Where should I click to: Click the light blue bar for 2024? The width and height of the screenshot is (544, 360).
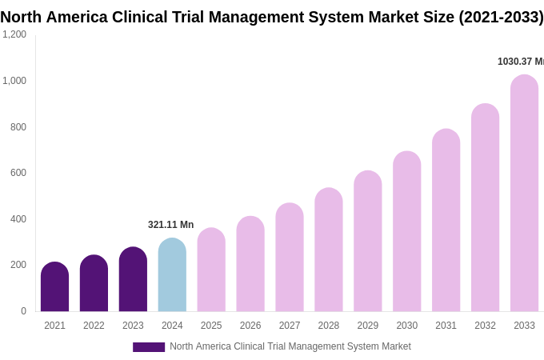pyautogui.click(x=172, y=275)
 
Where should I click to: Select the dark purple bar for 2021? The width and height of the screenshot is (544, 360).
pyautogui.click(x=54, y=287)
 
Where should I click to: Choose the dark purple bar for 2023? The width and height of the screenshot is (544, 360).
pyautogui.click(x=133, y=279)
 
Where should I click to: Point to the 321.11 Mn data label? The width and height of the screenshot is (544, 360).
pyautogui.click(x=170, y=225)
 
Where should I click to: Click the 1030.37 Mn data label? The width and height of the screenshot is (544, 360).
pyautogui.click(x=520, y=62)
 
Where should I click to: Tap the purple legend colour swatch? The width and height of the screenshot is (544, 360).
pyautogui.click(x=149, y=347)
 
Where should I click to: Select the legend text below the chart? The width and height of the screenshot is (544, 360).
pyautogui.click(x=290, y=346)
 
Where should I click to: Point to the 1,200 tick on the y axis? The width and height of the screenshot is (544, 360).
pyautogui.click(x=14, y=34)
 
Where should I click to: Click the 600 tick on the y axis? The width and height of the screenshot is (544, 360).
pyautogui.click(x=18, y=173)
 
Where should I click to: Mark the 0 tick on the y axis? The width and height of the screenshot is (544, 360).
pyautogui.click(x=23, y=311)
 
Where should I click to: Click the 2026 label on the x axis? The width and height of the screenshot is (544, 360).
pyautogui.click(x=250, y=326)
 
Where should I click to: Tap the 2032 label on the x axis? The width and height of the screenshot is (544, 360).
pyautogui.click(x=485, y=326)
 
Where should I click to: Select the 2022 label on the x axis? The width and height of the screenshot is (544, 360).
pyautogui.click(x=94, y=326)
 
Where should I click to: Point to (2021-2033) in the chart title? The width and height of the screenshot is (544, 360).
pyautogui.click(x=501, y=17)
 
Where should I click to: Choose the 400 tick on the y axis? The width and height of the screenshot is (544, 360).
pyautogui.click(x=18, y=219)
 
